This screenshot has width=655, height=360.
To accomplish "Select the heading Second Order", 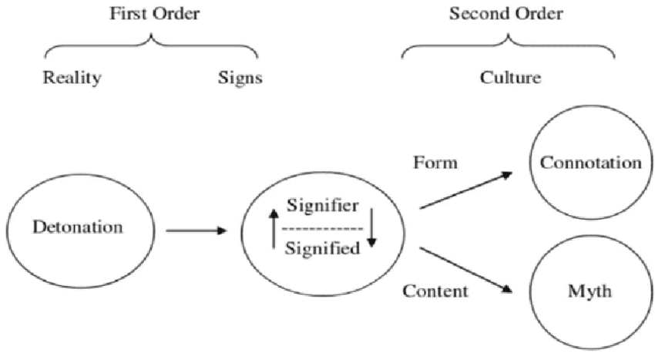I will (508, 14).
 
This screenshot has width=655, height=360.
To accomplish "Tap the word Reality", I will (72, 78).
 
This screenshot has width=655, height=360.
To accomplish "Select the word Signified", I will (322, 248).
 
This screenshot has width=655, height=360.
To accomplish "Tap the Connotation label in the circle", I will (592, 163).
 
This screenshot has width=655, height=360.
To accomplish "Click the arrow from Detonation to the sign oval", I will (196, 230).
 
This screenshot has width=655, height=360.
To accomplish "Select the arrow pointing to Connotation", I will (465, 190).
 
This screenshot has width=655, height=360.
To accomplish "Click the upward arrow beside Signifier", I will (274, 228).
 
